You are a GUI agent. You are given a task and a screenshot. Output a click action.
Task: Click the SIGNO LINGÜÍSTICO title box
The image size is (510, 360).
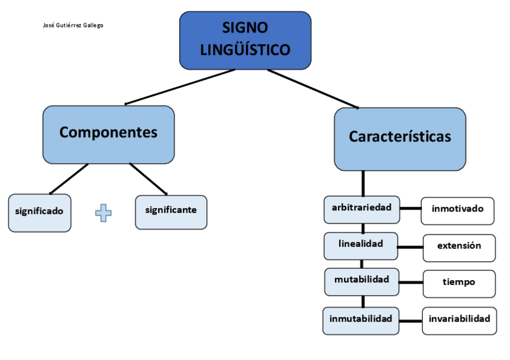[x=245, y=40]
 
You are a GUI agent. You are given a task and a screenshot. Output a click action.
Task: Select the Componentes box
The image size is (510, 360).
[x=108, y=134]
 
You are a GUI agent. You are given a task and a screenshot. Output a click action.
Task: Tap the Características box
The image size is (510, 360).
[x=400, y=139]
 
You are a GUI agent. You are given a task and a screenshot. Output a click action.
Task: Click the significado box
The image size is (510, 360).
[x=39, y=212]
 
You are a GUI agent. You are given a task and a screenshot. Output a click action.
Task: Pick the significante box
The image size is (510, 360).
[x=171, y=212]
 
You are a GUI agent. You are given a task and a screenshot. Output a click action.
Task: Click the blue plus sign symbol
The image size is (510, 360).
[x=103, y=213]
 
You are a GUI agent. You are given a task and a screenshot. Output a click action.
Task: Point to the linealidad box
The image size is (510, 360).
[x=361, y=245]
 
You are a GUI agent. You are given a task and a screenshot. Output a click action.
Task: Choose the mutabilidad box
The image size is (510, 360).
[x=362, y=281]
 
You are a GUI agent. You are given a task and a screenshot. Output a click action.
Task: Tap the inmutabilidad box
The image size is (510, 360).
[x=361, y=320]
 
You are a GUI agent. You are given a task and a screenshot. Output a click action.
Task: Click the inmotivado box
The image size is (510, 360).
[x=458, y=210]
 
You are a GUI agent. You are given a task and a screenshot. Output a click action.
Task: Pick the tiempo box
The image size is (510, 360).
[x=459, y=283]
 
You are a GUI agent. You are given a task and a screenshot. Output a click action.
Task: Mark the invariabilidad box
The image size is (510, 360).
[x=459, y=320]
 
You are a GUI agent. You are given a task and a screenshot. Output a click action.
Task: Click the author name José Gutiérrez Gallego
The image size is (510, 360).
[x=73, y=25]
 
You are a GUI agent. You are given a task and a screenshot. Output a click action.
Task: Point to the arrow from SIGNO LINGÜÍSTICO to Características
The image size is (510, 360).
[x=313, y=89]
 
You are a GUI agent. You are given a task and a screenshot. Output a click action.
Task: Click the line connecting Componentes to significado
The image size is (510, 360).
[x=69, y=178]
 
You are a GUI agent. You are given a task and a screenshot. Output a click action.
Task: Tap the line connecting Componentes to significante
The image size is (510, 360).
[x=148, y=178]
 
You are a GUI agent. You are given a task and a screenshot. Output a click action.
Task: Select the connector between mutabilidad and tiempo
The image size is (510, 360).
[x=411, y=282]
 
